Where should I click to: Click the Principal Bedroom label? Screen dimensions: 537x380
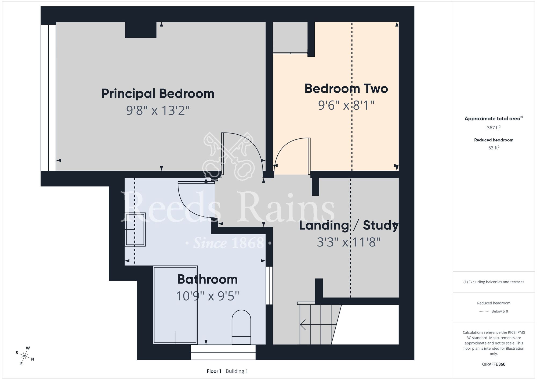pyautogui.click(x=158, y=94)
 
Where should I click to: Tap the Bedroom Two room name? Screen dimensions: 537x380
pyautogui.click(x=346, y=88)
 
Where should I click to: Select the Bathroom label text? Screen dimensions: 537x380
pyautogui.click(x=207, y=279)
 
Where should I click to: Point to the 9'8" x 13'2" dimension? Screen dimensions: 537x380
pyautogui.click(x=158, y=110)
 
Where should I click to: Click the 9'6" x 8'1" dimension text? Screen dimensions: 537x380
pyautogui.click(x=346, y=105)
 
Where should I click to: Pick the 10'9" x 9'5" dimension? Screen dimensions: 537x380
pyautogui.click(x=207, y=296)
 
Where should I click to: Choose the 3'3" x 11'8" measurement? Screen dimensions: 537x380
pyautogui.click(x=349, y=242)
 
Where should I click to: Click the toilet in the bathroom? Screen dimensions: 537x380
pyautogui.click(x=241, y=327)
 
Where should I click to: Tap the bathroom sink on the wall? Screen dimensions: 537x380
pyautogui.click(x=135, y=230)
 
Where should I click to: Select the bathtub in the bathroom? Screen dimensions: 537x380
pyautogui.click(x=175, y=305)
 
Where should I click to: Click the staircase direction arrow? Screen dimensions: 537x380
pyautogui.click(x=318, y=324)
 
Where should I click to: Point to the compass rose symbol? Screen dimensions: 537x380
pyautogui.click(x=25, y=356)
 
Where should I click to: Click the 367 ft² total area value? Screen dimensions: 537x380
pyautogui.click(x=494, y=128)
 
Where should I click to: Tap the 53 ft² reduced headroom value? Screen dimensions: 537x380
pyautogui.click(x=494, y=148)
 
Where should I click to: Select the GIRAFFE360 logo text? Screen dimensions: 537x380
pyautogui.click(x=494, y=364)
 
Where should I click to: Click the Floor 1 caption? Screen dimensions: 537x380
pyautogui.click(x=214, y=371)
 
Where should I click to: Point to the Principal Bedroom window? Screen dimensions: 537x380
pyautogui.click(x=48, y=98)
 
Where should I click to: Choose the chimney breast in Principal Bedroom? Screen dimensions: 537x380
pyautogui.click(x=141, y=30)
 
